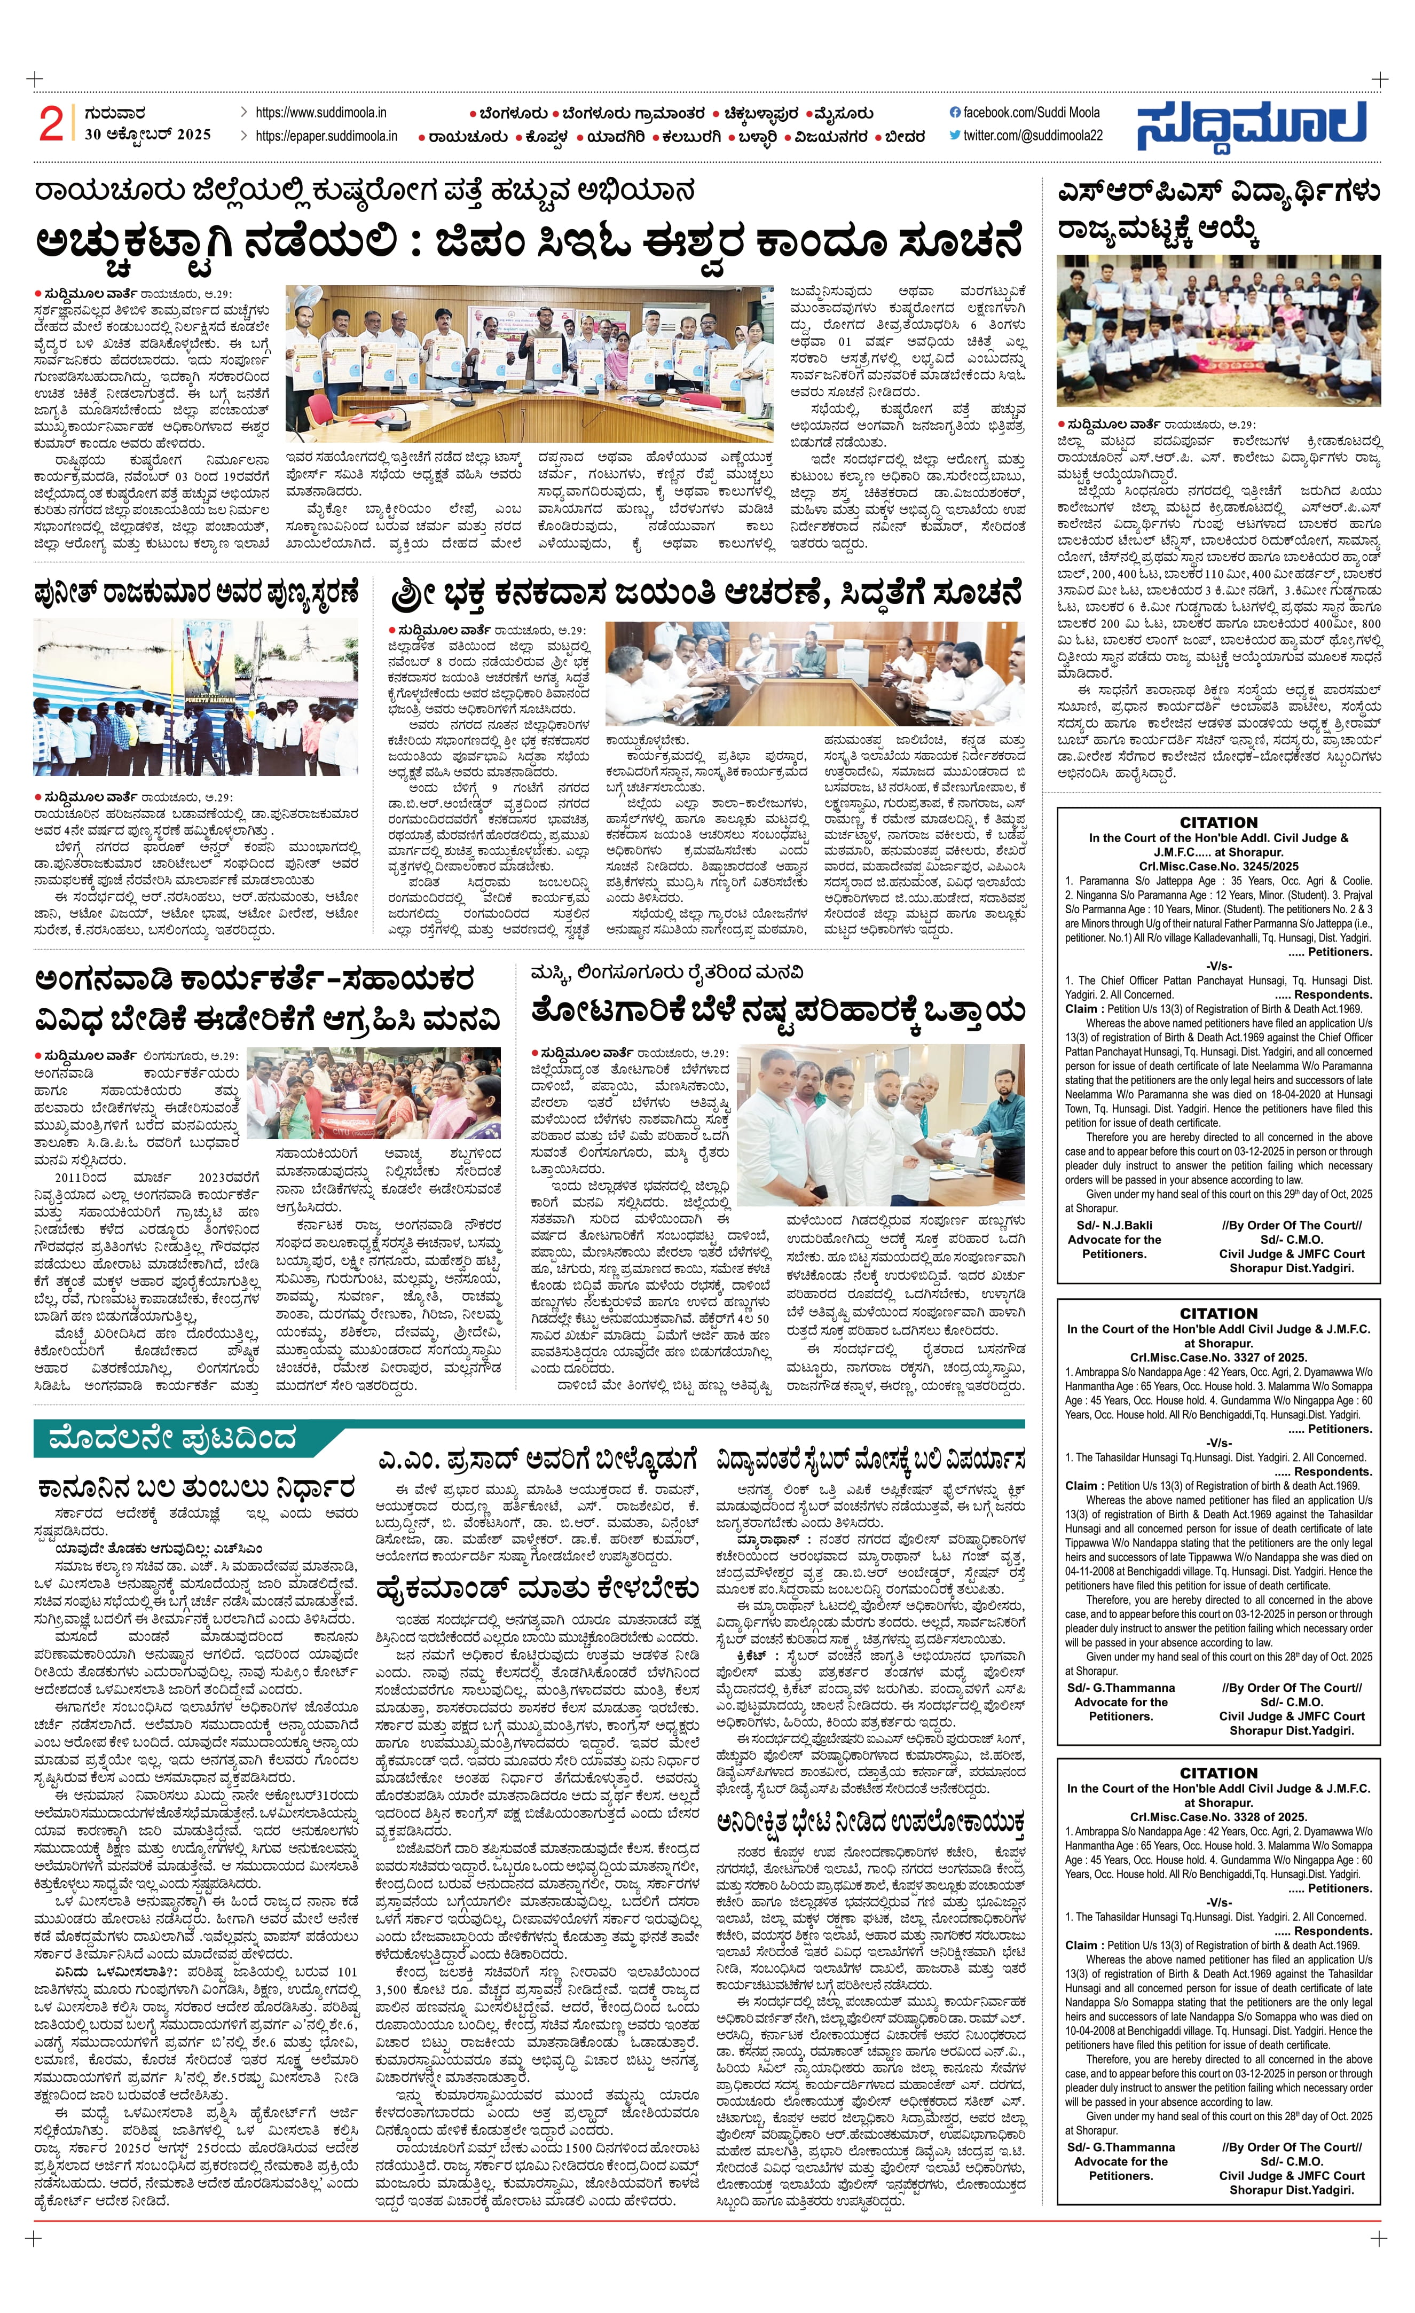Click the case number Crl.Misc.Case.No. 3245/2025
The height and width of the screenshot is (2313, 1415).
coord(1218,866)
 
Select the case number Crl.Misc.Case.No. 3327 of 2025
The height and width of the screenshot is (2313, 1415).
coord(1218,1357)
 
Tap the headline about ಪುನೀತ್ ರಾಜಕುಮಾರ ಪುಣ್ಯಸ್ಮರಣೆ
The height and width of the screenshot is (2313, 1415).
coord(196,594)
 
